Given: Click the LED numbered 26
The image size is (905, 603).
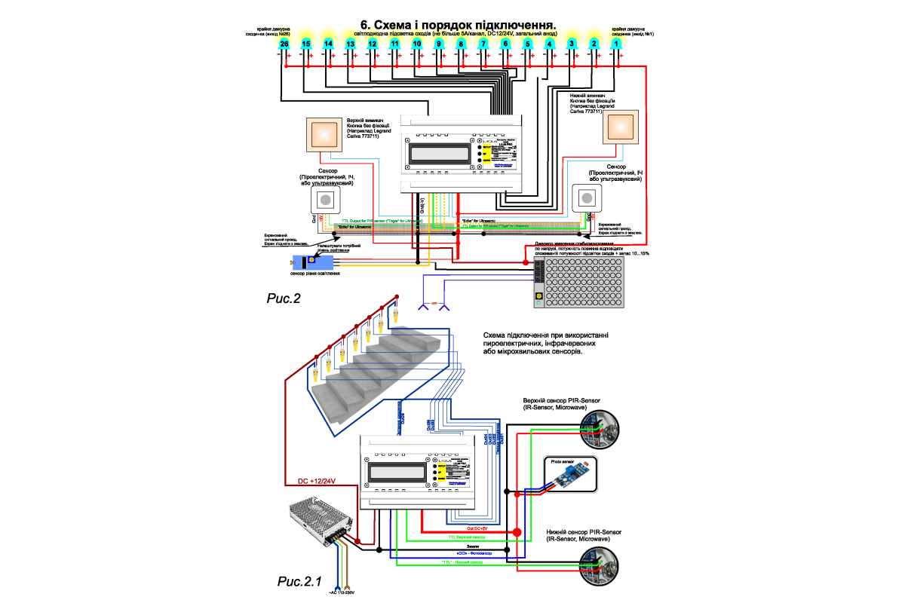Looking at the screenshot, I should (x=284, y=45).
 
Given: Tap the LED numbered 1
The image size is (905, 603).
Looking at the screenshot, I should (x=616, y=45).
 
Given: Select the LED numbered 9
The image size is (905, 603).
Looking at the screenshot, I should (x=439, y=45).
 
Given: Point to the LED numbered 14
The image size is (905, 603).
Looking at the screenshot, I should (x=328, y=45).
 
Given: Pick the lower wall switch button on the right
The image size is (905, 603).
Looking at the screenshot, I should (x=619, y=126).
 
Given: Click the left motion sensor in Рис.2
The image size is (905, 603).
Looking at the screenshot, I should (x=326, y=200).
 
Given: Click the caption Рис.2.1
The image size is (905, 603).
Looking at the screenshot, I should (x=299, y=581).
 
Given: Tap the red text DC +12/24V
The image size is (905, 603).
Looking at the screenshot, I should (x=317, y=481).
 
